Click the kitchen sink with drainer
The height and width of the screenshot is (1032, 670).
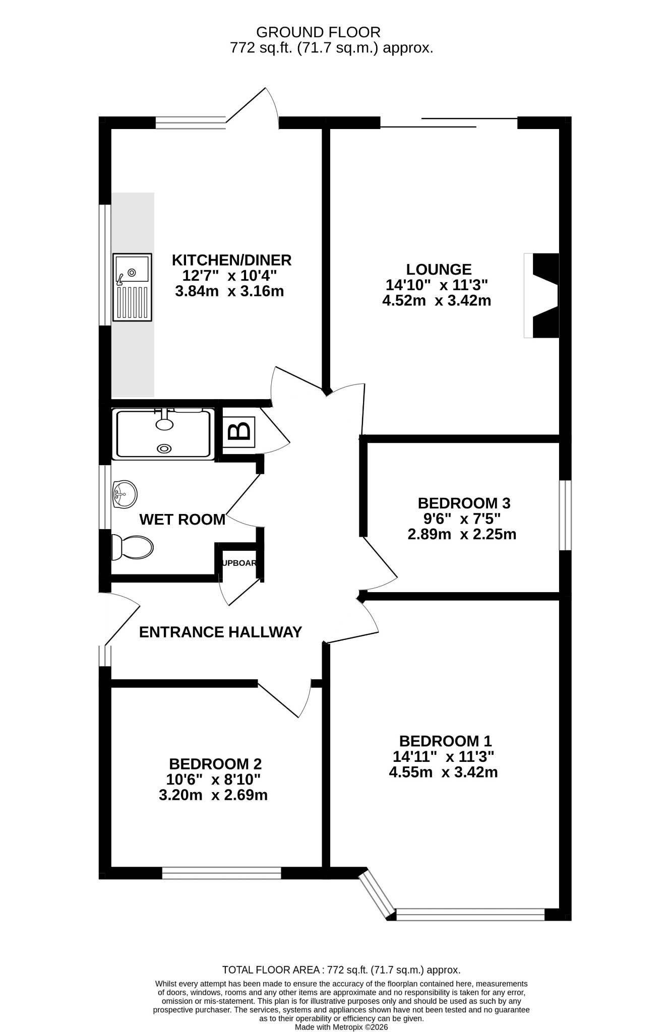point(132,287)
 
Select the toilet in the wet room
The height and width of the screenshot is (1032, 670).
point(132,547)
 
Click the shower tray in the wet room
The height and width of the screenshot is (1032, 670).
point(164,434)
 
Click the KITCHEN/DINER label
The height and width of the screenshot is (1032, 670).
point(232,260)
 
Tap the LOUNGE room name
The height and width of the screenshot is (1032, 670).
point(439,269)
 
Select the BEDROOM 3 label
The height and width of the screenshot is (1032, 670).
point(464,503)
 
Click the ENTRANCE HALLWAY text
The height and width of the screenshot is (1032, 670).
point(220,632)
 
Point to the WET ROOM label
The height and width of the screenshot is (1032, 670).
point(182,519)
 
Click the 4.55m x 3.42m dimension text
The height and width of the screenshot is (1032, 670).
point(443,772)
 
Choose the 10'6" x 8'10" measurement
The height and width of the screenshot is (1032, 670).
point(213,780)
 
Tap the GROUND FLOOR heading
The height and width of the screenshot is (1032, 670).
point(319,32)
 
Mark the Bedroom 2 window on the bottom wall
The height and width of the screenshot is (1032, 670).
point(221,873)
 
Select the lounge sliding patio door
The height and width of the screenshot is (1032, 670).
point(449,122)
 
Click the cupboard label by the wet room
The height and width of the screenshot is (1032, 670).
point(240,563)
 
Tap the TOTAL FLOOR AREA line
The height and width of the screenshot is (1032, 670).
point(341,970)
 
